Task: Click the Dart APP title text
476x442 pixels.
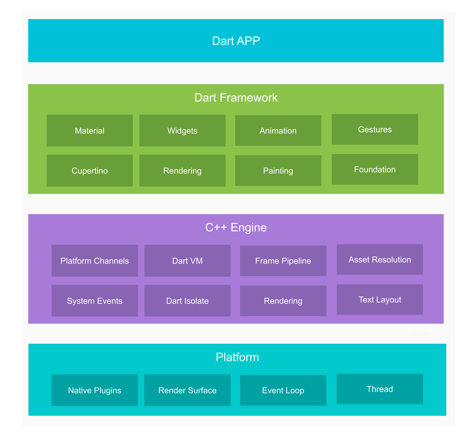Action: point(236,41)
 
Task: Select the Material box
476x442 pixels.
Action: point(90,131)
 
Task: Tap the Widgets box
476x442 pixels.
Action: point(182,131)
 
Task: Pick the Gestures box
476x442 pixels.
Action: point(375,129)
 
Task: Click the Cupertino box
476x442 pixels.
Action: point(90,171)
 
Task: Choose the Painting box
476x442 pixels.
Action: point(278,171)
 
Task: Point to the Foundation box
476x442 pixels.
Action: point(375,169)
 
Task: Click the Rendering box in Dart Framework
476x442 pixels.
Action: point(182,171)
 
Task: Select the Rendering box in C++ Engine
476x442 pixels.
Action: point(283,301)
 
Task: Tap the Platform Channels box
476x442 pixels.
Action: point(95,261)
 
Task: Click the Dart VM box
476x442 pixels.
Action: point(187,261)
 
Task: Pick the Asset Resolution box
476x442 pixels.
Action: point(380,260)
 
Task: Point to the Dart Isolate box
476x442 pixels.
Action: point(187,301)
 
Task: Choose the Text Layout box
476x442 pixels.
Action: point(380,300)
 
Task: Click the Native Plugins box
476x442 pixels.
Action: point(95,390)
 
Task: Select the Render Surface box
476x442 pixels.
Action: point(187,390)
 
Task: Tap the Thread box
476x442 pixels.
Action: point(380,389)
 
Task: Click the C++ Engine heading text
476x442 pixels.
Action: point(236,227)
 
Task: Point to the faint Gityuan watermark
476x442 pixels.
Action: point(419,334)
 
